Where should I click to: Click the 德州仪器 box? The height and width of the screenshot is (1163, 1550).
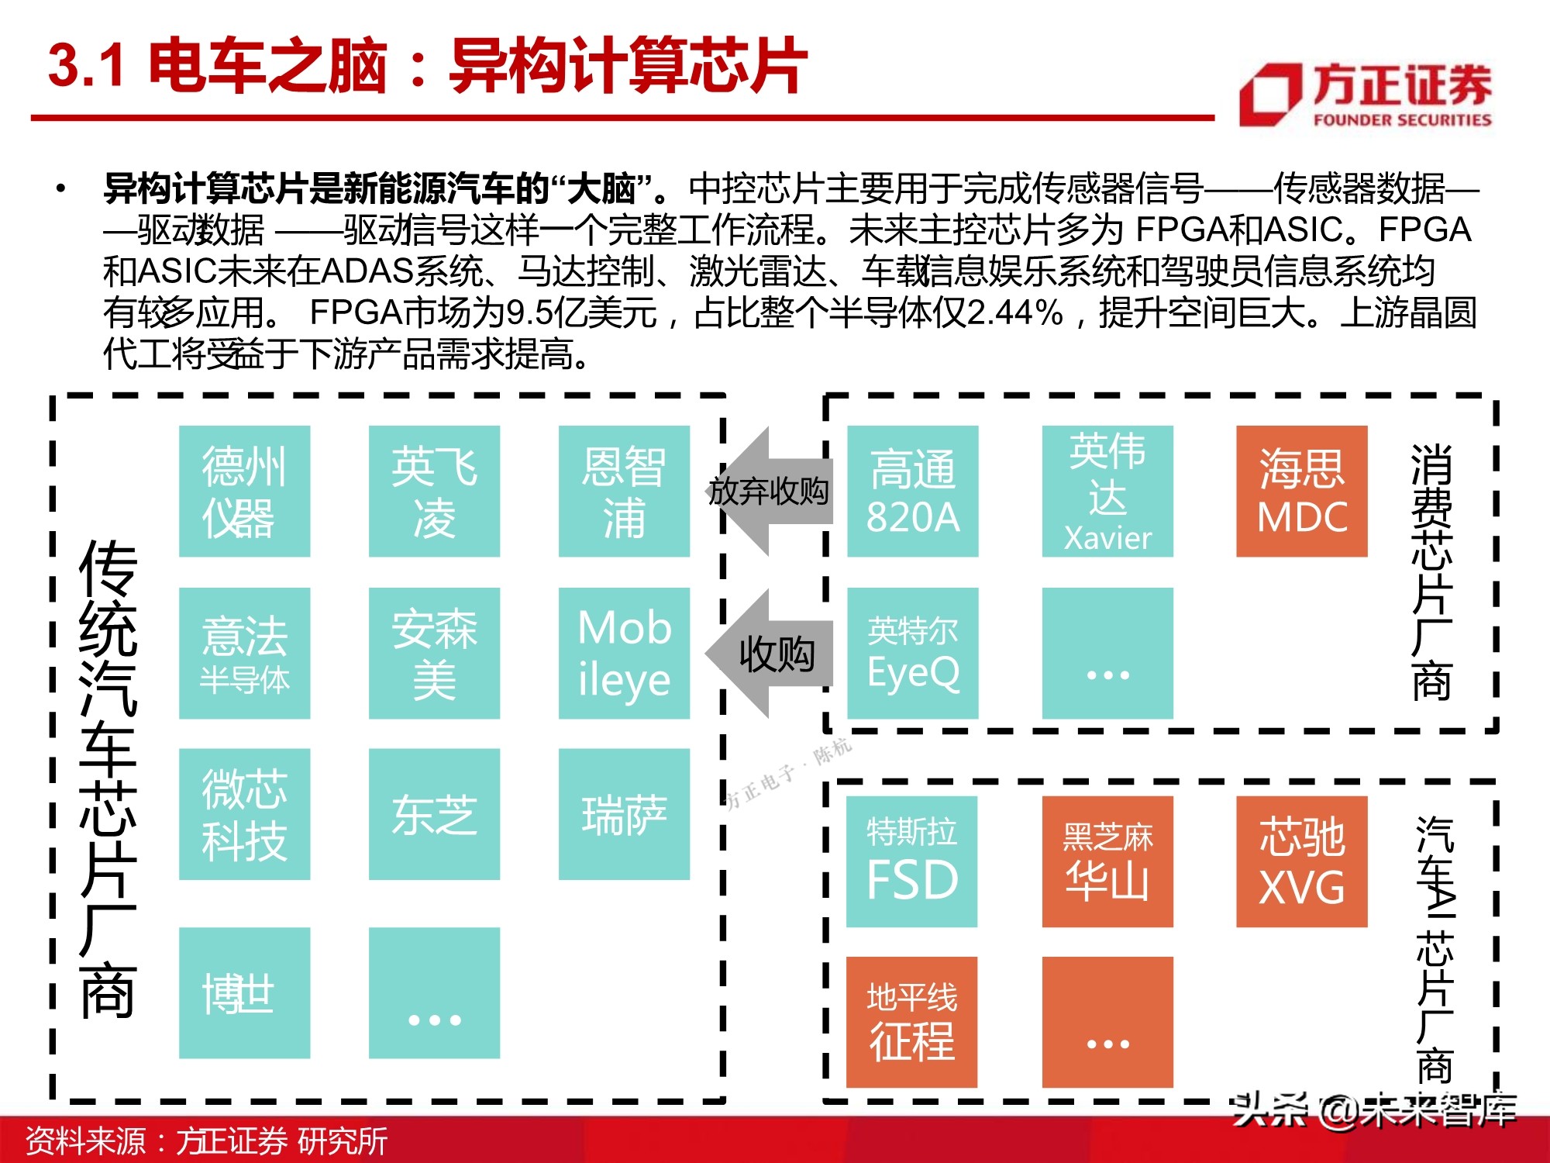coord(244,491)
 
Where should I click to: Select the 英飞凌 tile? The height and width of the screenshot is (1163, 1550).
coord(434,491)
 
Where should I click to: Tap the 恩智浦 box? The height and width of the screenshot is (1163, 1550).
coord(624,491)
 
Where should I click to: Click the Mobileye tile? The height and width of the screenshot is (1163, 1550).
coord(624,653)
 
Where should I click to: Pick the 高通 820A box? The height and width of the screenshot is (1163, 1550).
coord(912,491)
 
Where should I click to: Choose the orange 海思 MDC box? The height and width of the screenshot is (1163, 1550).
coord(1301,491)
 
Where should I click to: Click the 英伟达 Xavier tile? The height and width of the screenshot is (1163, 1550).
coord(1107,491)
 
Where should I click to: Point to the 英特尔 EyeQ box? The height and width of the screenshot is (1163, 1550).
coord(912,653)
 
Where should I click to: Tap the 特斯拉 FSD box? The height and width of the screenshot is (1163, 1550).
coord(911,861)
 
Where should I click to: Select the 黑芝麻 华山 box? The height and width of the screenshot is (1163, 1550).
coord(1107,861)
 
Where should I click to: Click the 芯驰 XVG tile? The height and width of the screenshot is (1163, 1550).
coord(1301,861)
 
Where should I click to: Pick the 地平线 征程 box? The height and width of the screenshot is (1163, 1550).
coord(911,1022)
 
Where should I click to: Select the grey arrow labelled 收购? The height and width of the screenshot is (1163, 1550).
coord(770,654)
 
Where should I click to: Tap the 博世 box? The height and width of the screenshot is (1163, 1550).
coord(244,992)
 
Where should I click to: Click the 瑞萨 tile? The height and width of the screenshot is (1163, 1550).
coord(624,814)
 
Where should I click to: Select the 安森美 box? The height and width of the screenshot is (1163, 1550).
coord(434,653)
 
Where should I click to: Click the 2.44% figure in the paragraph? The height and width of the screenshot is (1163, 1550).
coord(1014,313)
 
